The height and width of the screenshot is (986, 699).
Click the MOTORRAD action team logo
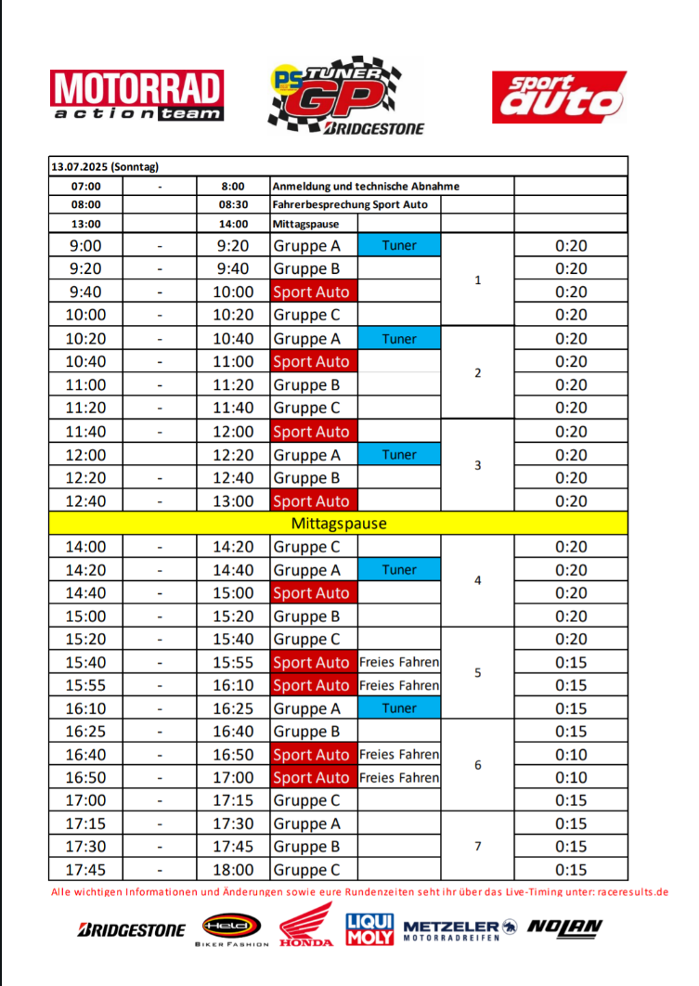point(137,97)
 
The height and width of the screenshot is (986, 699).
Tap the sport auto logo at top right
point(559,97)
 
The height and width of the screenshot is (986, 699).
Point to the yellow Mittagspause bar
point(339,524)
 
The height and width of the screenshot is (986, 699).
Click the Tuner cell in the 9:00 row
point(399,246)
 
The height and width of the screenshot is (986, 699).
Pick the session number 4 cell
point(477,580)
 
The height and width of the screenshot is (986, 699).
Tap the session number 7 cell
point(477,846)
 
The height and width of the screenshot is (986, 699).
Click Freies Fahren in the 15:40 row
point(399,662)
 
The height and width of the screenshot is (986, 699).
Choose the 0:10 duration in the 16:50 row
point(571,777)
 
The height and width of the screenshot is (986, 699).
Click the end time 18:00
point(232,870)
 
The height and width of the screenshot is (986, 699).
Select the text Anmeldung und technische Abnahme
point(366,186)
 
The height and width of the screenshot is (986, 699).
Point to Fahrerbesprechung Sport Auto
point(350,204)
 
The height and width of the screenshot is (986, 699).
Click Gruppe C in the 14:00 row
point(300,547)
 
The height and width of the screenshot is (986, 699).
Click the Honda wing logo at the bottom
point(306,925)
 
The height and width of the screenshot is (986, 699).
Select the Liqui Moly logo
point(369,929)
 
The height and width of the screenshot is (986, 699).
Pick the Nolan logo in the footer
point(564,927)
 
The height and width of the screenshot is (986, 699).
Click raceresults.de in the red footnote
point(632,891)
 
